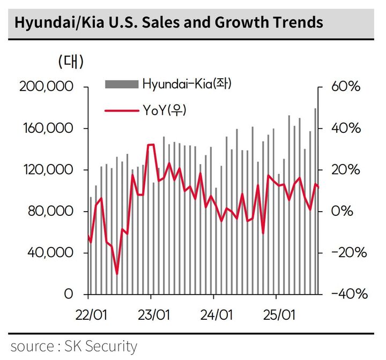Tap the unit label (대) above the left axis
71,62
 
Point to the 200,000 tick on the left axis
49,87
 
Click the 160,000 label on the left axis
49,129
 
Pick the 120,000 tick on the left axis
49,170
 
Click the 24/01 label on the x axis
214,314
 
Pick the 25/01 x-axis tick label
276,314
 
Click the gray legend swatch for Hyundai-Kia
122,84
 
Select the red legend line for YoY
122,110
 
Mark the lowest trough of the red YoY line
117,274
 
